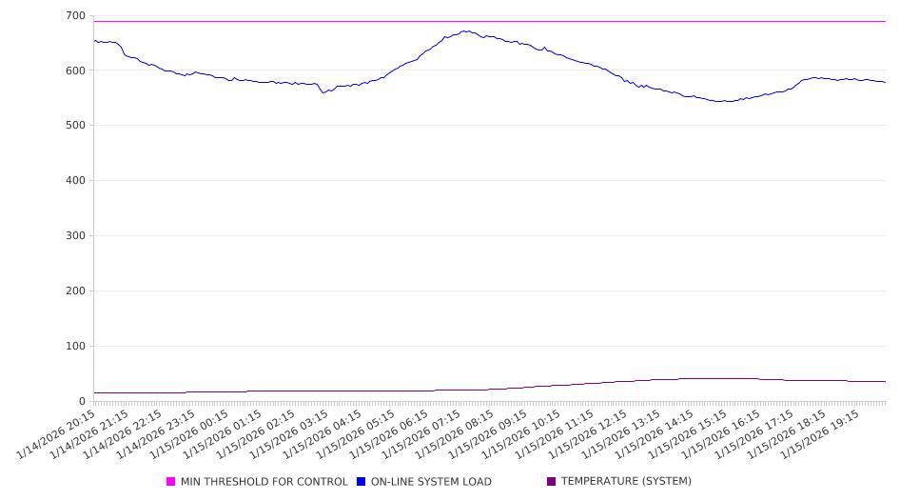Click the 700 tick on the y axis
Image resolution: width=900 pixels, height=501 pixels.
[74, 15]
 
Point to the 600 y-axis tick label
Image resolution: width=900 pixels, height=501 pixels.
[74, 70]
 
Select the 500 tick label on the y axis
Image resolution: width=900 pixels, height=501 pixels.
[74, 126]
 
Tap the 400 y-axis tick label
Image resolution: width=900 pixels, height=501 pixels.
[74, 181]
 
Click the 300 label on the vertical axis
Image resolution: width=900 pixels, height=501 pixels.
[74, 236]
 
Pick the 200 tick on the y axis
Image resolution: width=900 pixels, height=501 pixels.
[74, 291]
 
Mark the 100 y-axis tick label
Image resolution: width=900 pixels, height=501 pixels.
[74, 347]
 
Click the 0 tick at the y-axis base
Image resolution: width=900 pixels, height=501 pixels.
[82, 401]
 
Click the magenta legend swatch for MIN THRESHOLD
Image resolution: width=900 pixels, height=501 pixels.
[171, 482]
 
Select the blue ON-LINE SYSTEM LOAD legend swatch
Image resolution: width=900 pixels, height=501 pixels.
[362, 482]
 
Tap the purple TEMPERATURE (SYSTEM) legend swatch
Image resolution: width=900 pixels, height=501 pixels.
[552, 482]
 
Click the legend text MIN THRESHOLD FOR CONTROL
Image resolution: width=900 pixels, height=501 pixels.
[264, 482]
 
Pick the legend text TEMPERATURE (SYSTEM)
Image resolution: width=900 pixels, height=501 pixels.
[626, 482]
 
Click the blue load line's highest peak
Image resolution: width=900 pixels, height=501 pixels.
[465, 30]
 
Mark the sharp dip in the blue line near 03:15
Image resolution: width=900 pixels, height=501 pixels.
[323, 92]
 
